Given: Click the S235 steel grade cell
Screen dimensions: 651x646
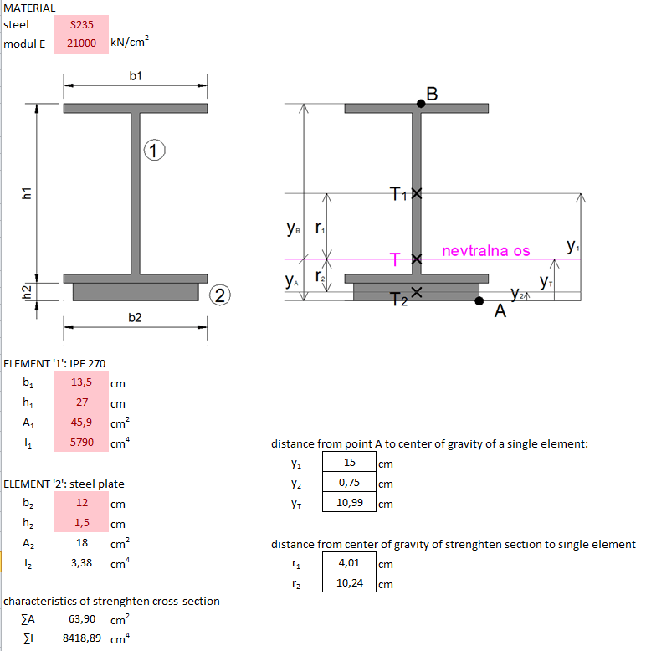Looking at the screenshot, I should [81, 25].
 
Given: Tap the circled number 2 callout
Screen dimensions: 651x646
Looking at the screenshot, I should [219, 295].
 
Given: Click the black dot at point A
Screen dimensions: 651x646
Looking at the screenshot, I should [479, 300].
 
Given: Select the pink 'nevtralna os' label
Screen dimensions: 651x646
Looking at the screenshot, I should [485, 251].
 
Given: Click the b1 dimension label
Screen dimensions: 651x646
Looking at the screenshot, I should [136, 76].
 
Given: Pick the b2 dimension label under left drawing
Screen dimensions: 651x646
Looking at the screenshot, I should [135, 317].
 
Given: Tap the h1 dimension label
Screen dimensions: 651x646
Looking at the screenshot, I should [27, 193].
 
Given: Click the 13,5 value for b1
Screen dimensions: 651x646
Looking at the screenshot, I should [81, 383].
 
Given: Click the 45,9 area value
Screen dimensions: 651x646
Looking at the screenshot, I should [81, 423].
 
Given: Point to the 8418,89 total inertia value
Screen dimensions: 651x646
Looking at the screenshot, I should [82, 639].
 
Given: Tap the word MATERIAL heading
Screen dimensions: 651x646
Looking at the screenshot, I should [30, 8].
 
